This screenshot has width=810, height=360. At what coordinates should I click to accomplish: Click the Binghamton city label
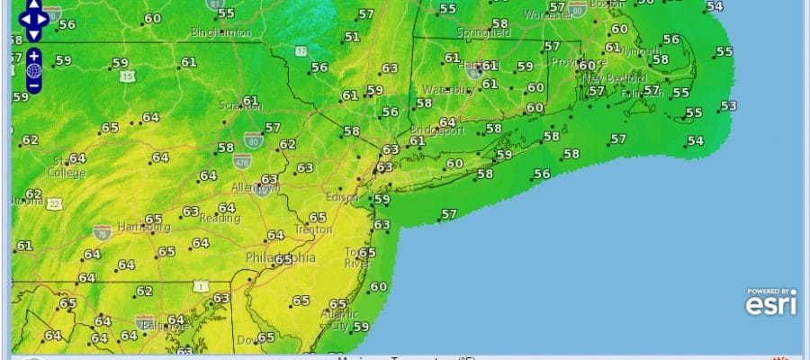coord(221,32)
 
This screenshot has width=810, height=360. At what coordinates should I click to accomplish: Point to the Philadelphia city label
coord(281,258)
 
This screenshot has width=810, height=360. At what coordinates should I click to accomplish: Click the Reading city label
coord(220,219)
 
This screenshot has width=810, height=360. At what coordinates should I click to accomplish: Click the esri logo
coord(770,303)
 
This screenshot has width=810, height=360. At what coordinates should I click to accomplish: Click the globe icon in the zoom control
coord(33,70)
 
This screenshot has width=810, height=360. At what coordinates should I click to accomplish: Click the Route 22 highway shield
coord(55,203)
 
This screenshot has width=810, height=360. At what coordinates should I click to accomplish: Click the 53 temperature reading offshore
coord(728,106)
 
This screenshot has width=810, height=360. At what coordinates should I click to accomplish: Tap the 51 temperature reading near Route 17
coord(352,37)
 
